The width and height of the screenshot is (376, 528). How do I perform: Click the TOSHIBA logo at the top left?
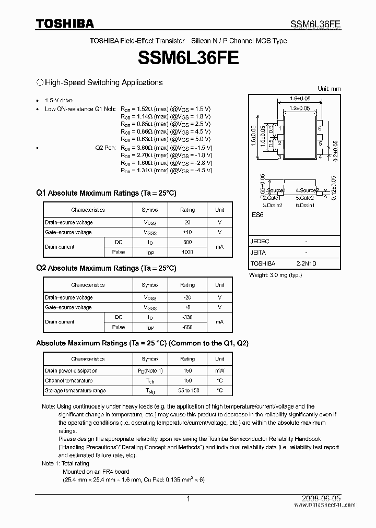(65, 23)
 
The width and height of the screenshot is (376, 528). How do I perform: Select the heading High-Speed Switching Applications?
(103, 82)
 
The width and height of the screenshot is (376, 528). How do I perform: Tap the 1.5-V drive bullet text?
(59, 100)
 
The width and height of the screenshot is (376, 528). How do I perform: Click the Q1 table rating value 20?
(187, 222)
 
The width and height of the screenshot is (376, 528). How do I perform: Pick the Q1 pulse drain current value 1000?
(187, 252)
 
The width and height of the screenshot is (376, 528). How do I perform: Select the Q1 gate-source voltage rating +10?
(187, 232)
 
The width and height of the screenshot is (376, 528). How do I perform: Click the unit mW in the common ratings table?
(220, 371)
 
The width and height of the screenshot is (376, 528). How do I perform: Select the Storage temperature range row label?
(75, 391)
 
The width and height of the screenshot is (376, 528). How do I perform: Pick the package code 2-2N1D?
(306, 264)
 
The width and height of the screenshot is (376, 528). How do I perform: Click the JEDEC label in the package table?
(260, 242)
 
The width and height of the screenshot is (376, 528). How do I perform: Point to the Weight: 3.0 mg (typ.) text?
(275, 275)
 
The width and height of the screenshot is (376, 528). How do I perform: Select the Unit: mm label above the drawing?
(329, 89)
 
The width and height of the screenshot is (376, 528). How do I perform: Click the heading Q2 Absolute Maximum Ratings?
(106, 268)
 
